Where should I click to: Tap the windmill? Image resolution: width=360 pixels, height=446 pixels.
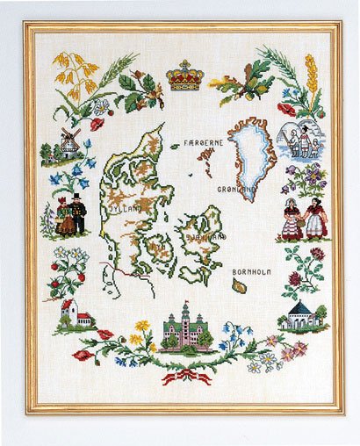pos(70,141)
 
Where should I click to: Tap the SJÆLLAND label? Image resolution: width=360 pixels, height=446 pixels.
pos(205,236)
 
